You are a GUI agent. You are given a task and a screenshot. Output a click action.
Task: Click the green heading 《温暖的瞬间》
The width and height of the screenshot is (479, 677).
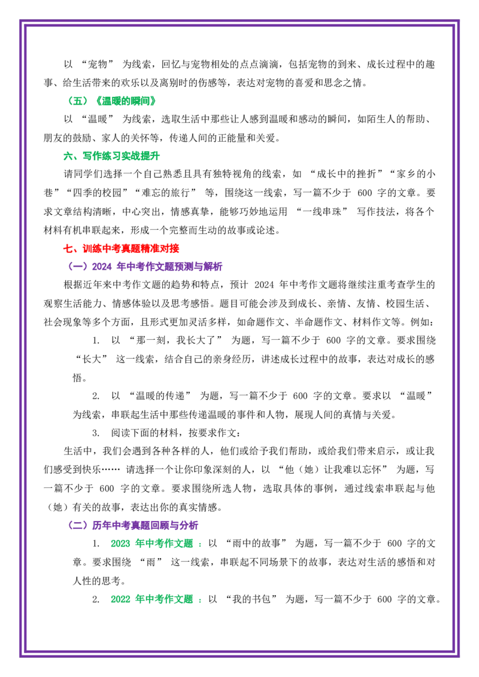[126, 101]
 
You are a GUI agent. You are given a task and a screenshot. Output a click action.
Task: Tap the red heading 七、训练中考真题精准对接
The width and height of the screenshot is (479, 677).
[121, 248]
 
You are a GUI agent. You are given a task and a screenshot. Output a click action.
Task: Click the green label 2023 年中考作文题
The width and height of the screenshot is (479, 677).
[151, 544]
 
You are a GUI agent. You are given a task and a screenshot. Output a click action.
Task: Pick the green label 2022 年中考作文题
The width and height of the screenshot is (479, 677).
[151, 599]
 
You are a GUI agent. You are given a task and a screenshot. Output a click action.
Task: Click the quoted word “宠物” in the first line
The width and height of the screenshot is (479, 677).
[98, 65]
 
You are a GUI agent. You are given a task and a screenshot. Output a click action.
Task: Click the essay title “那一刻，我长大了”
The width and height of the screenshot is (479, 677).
[175, 341]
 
